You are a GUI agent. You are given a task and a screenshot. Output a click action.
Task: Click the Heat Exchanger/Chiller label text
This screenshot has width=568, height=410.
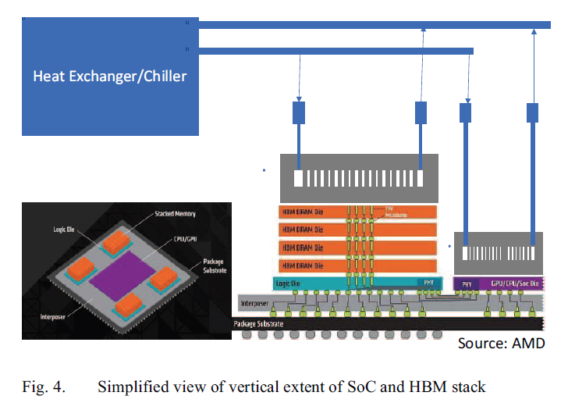pyautogui.click(x=109, y=77)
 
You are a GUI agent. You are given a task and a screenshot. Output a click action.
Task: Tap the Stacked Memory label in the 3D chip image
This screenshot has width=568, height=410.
pyautogui.click(x=175, y=212)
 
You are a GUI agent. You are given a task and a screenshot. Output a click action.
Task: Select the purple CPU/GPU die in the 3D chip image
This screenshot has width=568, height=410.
pyautogui.click(x=125, y=274)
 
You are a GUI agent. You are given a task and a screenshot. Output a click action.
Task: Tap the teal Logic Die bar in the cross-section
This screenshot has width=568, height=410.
pyautogui.click(x=343, y=283)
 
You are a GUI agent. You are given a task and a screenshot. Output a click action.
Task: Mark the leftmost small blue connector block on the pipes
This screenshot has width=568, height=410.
pyautogui.click(x=299, y=112)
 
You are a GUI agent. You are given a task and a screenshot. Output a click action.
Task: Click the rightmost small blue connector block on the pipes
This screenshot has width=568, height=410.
pyautogui.click(x=534, y=112)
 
